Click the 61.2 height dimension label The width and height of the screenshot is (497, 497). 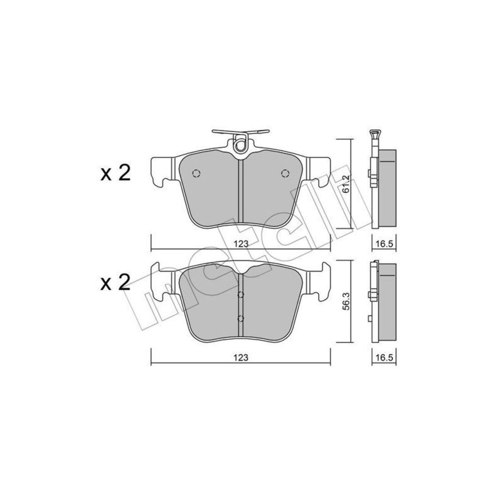coord(346,183)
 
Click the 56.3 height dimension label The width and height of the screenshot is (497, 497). coord(346,301)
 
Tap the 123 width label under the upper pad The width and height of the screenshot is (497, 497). coord(241,244)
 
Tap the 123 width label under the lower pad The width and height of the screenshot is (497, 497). coord(241,357)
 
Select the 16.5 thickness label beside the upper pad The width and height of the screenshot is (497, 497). coord(384,244)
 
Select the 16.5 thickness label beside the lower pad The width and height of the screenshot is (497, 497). coord(384,357)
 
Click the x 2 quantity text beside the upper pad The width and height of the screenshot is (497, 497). coord(116,173)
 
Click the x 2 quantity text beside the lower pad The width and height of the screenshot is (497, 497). coord(116,282)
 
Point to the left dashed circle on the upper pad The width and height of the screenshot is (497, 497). coord(196,173)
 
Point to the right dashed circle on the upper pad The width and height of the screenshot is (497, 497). coord(285,173)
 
